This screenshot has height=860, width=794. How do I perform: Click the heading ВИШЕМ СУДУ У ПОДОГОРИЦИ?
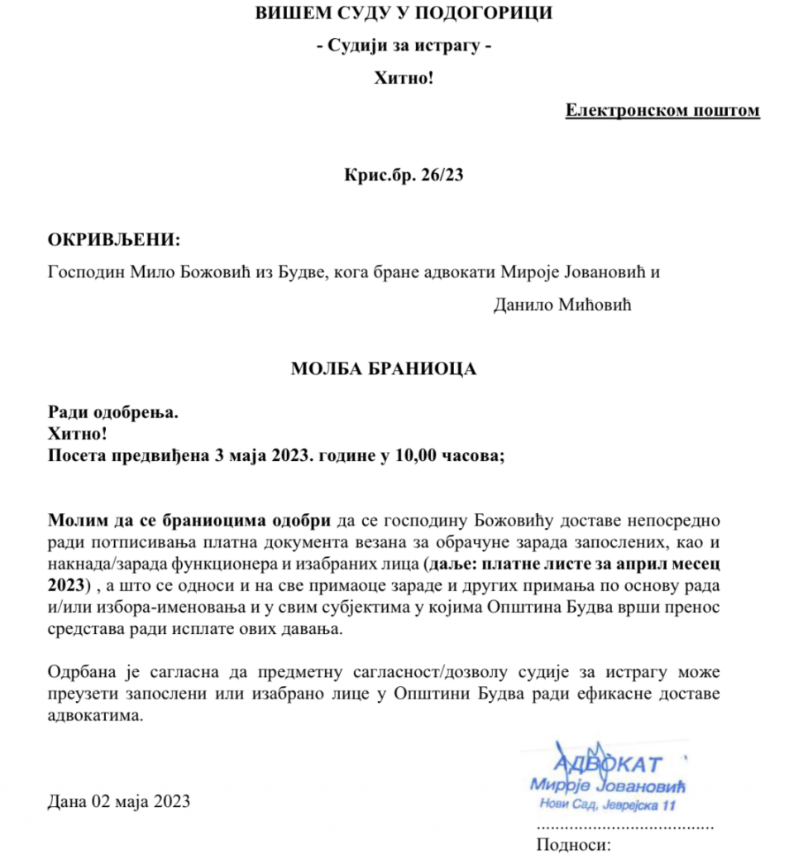(x=403, y=13)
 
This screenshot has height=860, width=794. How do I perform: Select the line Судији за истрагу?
(x=404, y=47)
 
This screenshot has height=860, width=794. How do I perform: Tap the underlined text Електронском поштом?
(x=662, y=110)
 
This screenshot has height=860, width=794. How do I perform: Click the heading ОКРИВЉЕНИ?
(x=113, y=240)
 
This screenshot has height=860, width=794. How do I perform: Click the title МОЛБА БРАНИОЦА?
(x=384, y=369)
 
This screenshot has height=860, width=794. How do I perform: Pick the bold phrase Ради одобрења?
(x=113, y=411)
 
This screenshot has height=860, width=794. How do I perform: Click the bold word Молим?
(x=73, y=521)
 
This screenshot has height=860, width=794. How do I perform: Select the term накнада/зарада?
(x=98, y=565)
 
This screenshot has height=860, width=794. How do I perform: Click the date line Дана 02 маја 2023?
(x=119, y=800)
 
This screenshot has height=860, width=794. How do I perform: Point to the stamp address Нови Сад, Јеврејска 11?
(x=608, y=805)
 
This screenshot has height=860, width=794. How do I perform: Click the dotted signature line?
(x=625, y=826)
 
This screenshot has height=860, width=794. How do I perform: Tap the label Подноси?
(x=573, y=845)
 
